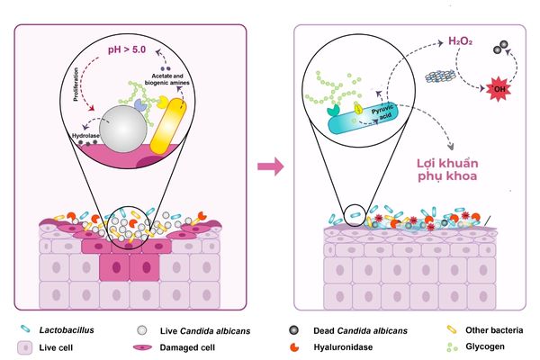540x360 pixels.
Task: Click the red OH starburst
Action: [x=496, y=89]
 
